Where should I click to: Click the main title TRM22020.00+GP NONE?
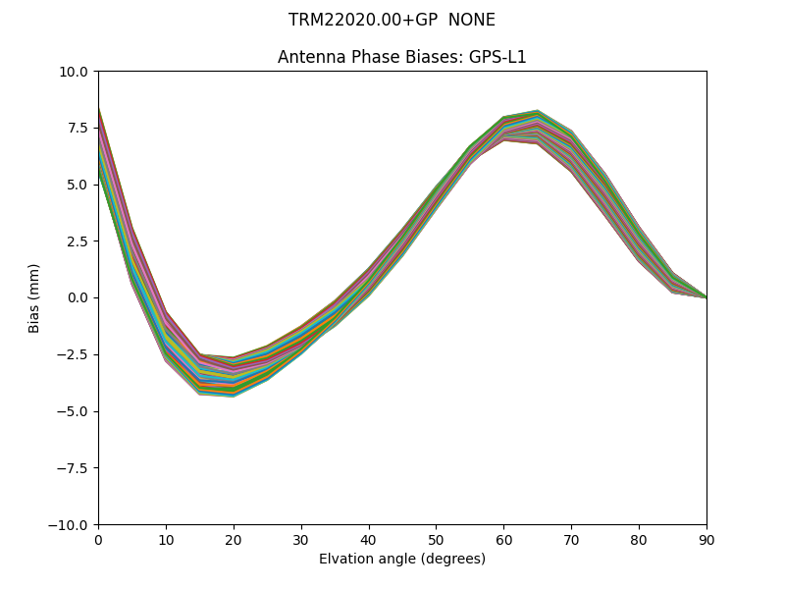(x=392, y=20)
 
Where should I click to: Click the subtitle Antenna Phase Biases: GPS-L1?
(x=401, y=57)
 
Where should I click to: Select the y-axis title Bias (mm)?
(x=34, y=297)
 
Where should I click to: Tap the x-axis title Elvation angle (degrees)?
(x=401, y=559)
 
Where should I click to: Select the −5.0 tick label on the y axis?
(x=74, y=411)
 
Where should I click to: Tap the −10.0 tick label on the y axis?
(x=71, y=524)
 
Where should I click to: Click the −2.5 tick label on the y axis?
(x=74, y=354)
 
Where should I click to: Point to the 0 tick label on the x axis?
(x=98, y=539)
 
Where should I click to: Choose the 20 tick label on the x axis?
(x=234, y=539)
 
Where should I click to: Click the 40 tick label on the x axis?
(x=369, y=539)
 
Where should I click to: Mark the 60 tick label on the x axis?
(x=503, y=539)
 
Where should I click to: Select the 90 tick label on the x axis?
(x=706, y=539)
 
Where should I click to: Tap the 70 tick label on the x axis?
(x=571, y=539)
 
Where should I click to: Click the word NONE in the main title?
(x=472, y=20)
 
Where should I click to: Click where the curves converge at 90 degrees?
(x=706, y=296)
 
